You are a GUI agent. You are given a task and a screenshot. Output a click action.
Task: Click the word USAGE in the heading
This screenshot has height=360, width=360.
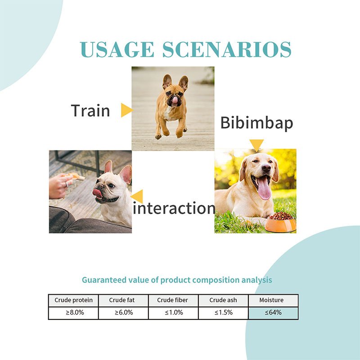tap(117, 49)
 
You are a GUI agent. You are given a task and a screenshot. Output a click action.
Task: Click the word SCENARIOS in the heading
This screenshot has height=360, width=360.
tap(227, 49)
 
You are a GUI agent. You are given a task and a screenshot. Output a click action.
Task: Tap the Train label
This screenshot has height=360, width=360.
tap(90, 110)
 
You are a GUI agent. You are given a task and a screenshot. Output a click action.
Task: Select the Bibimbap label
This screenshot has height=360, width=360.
tap(256, 123)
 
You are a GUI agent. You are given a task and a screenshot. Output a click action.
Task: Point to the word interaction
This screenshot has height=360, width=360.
tap(174, 208)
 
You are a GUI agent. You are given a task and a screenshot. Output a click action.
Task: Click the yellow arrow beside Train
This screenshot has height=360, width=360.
tap(127, 110)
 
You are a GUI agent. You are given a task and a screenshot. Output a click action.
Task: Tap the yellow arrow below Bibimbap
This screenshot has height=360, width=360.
tap(256, 145)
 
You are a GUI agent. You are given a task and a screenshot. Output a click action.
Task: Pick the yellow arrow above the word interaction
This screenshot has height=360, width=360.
tap(137, 196)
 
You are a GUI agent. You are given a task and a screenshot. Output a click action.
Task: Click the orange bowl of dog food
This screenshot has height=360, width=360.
tap(280, 222)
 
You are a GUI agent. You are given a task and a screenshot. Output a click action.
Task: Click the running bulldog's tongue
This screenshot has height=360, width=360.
tap(175, 100)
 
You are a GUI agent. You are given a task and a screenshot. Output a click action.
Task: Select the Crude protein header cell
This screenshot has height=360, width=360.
tap(73, 300)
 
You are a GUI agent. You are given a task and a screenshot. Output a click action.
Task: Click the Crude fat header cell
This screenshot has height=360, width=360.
tap(123, 300)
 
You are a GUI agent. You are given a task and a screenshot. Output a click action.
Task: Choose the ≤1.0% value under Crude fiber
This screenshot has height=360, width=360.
tap(174, 312)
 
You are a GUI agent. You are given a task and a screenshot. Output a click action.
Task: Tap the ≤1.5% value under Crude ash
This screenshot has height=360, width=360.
tap(224, 312)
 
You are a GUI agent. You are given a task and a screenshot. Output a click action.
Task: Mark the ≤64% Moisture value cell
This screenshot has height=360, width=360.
tap(273, 313)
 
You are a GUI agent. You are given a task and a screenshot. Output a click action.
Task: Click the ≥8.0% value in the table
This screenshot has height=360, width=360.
tap(75, 312)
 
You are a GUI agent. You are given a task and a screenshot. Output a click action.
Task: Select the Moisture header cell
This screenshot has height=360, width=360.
tap(273, 300)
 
